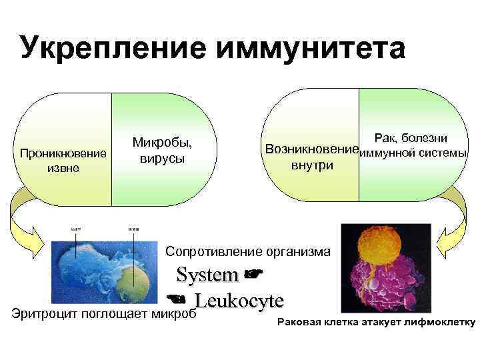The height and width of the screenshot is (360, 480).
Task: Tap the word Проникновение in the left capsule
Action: (x=63, y=154)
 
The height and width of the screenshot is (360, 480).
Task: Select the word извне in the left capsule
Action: (x=63, y=168)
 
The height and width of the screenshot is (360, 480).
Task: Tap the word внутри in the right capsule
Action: (x=312, y=165)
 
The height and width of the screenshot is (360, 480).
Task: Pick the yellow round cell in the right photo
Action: (x=376, y=250)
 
